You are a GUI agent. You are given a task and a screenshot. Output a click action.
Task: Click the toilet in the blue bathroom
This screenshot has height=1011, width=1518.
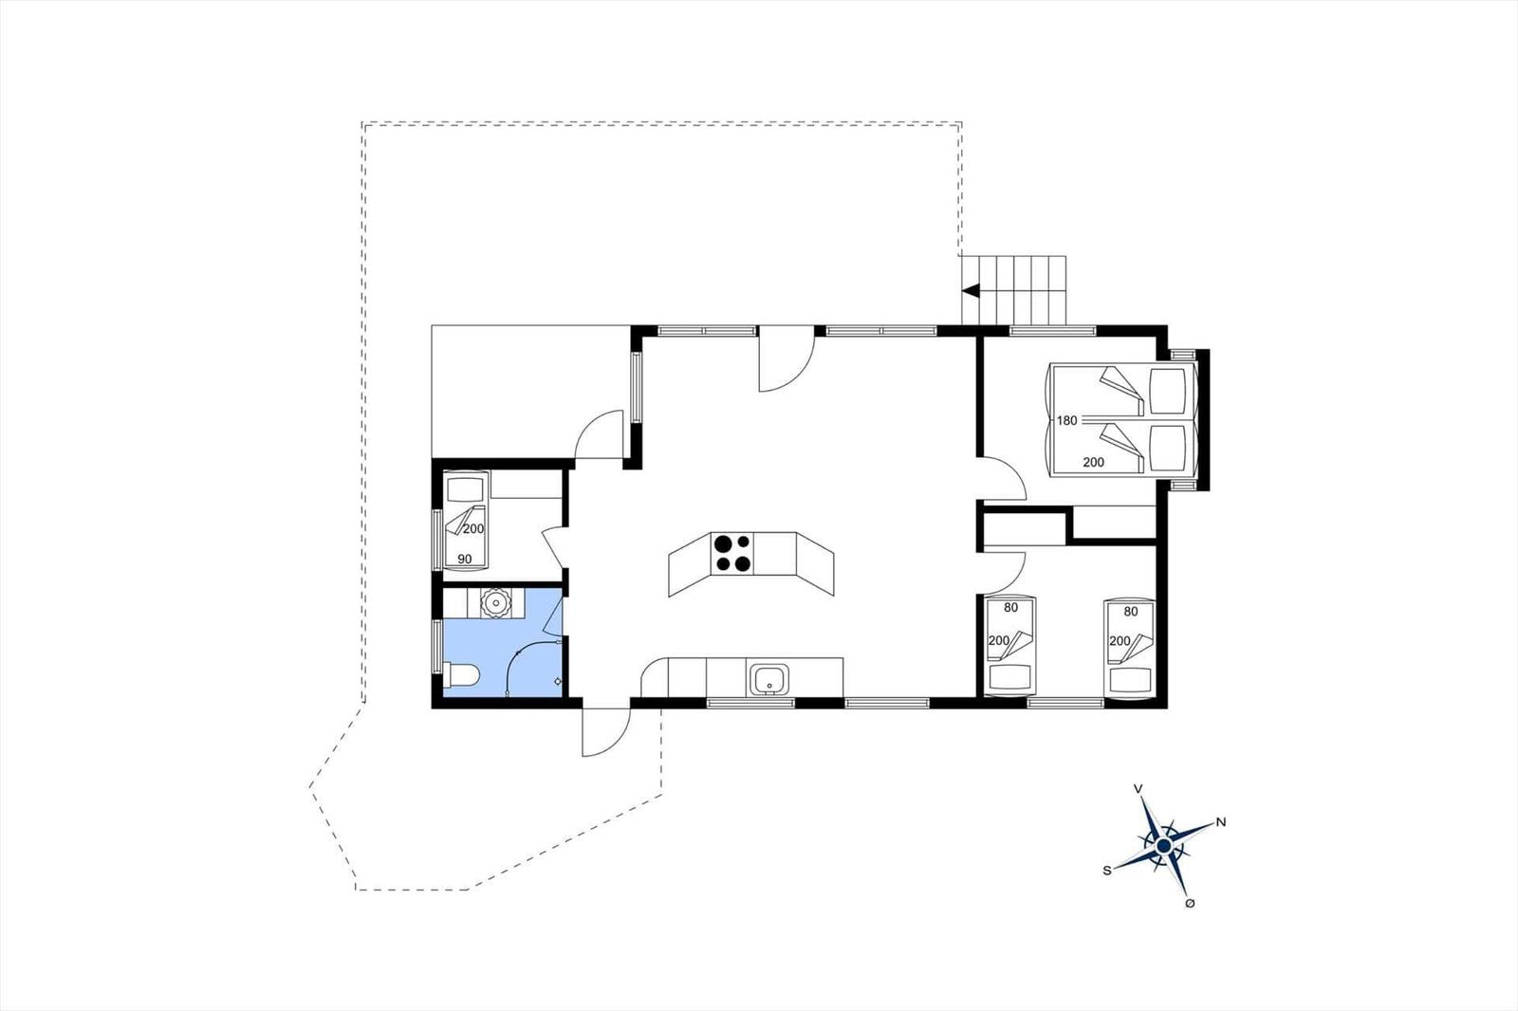(x=461, y=675)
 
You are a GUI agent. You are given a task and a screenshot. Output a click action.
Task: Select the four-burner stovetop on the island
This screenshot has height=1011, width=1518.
(x=732, y=553)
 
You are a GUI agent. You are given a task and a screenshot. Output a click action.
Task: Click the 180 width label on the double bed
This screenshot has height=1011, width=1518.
(x=1066, y=420)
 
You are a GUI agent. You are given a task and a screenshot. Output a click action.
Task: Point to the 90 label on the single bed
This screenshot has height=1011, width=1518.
(x=464, y=559)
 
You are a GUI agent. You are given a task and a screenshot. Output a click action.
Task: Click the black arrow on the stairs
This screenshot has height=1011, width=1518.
(x=971, y=291)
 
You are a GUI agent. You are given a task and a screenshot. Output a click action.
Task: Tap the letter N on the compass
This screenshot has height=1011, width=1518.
(x=1221, y=822)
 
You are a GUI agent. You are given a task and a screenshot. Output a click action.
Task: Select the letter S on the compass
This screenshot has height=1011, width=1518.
(x=1107, y=871)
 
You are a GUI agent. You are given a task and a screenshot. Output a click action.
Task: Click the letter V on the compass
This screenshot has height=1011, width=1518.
(x=1138, y=788)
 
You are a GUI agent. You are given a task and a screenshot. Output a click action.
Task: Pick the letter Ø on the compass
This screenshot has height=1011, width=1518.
(x=1190, y=903)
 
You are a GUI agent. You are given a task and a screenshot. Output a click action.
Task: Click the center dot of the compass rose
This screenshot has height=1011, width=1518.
(x=1163, y=846)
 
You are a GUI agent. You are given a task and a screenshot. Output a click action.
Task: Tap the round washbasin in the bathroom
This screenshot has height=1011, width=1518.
(x=493, y=602)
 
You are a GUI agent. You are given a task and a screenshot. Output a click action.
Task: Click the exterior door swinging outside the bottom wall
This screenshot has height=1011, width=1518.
(x=606, y=732)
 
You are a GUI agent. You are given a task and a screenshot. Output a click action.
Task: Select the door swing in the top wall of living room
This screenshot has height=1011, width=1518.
(x=787, y=358)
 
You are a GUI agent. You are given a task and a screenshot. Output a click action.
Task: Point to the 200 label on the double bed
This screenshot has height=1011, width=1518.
(x=1093, y=462)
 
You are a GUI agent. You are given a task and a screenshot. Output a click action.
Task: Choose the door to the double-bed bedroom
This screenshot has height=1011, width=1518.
(x=1002, y=479)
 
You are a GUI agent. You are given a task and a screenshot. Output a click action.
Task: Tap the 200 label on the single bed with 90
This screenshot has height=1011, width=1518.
(x=473, y=528)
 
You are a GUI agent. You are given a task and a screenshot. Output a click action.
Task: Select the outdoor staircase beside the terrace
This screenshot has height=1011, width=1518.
(x=1014, y=290)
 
